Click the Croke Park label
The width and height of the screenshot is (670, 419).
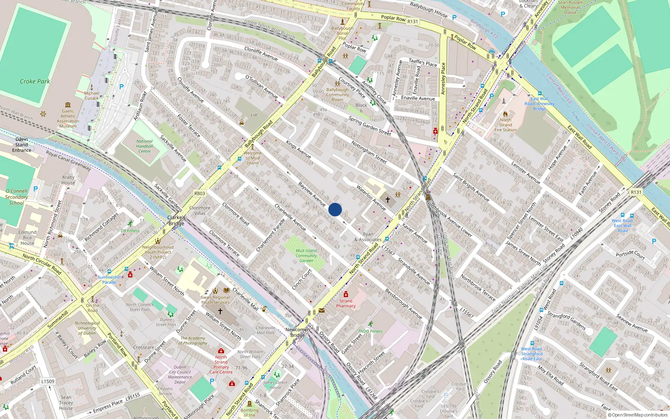coord(35,81)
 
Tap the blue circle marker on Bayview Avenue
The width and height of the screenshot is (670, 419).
coord(335,209)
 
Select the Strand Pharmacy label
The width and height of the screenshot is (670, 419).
coord(346,303)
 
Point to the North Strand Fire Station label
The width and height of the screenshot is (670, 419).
coord(505,125)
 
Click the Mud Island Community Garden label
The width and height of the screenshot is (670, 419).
coord(306,256)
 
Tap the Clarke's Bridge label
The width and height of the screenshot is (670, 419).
coord(176,220)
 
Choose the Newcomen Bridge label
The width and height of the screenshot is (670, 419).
coord(298,332)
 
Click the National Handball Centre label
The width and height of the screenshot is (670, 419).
coord(144,146)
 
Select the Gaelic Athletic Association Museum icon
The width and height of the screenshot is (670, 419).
coord(68,105)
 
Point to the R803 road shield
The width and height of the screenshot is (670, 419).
coord(200,194)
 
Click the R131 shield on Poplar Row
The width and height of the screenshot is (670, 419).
coord(412,21)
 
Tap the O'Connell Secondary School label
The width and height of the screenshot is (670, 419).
coord(17,197)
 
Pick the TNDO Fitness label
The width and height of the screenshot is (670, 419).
coord(370,331)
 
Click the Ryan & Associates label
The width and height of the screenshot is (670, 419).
coord(368,237)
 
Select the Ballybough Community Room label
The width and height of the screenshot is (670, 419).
coord(338,95)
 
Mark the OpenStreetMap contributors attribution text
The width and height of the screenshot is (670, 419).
coord(639,415)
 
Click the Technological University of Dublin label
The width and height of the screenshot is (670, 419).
coord(87,328)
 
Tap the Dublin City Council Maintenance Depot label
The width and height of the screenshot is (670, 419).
coord(180,375)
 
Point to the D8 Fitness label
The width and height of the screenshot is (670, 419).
coord(130,230)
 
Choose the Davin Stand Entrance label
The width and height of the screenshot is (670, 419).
coord(22,145)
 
